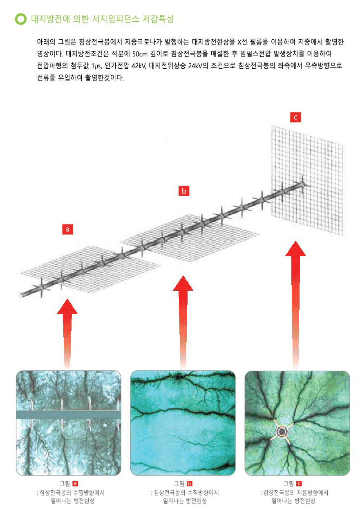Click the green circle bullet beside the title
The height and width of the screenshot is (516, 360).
[21, 19]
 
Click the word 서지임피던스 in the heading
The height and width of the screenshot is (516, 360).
[116, 19]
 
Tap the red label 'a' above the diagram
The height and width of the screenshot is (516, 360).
[67, 229]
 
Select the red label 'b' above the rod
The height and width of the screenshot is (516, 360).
[184, 191]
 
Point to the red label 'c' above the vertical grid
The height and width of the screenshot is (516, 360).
[295, 117]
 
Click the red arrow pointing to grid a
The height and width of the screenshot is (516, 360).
[67, 334]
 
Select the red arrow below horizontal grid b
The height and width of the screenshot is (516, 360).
[183, 322]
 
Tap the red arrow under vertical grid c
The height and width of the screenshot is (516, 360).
[295, 305]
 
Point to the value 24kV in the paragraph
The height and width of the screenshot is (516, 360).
[195, 66]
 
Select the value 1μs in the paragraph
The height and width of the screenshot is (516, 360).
[96, 66]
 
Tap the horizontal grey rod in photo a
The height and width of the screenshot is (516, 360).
[69, 415]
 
